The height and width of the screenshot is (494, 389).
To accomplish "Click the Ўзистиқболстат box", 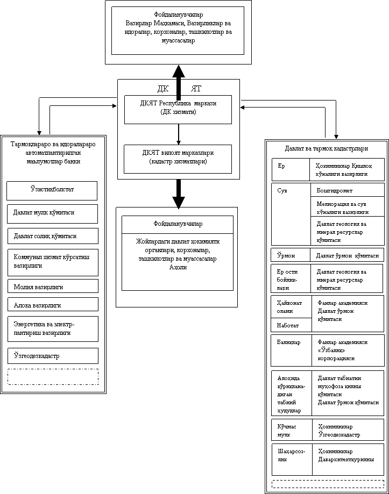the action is click(52, 191).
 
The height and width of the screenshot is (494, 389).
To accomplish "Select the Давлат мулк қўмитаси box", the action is click(52, 214).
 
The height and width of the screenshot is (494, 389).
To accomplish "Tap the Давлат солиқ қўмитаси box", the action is click(53, 236).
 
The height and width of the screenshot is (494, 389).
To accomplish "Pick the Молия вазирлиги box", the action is click(53, 286).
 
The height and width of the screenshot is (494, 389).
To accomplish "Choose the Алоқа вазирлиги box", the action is click(53, 304).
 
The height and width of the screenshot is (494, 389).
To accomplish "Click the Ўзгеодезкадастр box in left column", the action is click(53, 356).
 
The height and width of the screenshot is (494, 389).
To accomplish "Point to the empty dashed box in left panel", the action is click(53, 377).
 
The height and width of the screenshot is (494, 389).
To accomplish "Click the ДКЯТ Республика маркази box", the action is click(178, 110).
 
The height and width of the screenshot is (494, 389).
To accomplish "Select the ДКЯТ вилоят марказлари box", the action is click(178, 159).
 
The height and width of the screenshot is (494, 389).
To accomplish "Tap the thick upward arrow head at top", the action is click(179, 71).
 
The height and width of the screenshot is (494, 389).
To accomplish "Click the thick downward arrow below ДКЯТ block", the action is click(179, 194).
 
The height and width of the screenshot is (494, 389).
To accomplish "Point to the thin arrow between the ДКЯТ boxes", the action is click(179, 134).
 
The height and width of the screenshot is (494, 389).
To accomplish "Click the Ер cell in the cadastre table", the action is click(291, 169).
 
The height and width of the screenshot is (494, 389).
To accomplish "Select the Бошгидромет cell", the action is click(348, 190).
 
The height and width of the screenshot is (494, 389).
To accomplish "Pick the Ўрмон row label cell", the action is click(291, 255).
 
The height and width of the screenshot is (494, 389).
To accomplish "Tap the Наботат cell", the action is click(291, 325).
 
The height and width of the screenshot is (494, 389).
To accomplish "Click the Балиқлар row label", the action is click(291, 350).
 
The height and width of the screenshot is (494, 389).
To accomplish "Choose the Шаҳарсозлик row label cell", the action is click(292, 460).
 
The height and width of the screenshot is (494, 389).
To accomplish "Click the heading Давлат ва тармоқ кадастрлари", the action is click(327, 148).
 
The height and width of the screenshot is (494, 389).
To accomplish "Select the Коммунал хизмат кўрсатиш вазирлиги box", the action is click(53, 263).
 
